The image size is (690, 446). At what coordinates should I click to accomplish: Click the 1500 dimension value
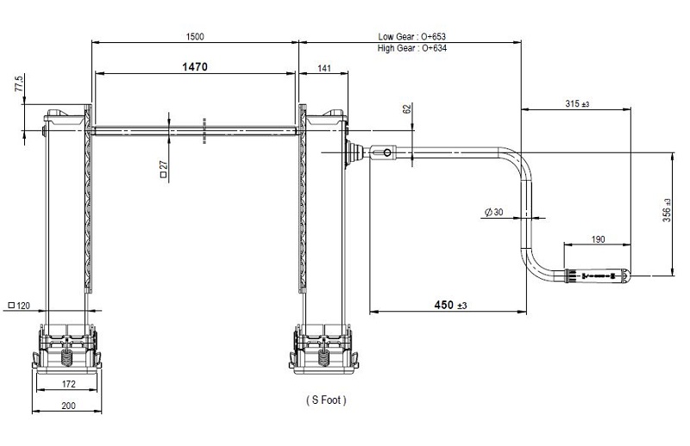tap(195, 36)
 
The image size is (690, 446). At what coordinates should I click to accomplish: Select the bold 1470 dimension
tap(195, 67)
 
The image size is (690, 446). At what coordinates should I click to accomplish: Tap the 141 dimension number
tap(324, 68)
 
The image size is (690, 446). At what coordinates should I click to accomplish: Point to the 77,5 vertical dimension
tap(19, 83)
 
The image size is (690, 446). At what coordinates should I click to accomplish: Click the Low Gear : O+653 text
tap(412, 36)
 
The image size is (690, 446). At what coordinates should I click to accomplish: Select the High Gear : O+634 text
tap(412, 48)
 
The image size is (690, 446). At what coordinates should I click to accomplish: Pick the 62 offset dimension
tap(407, 108)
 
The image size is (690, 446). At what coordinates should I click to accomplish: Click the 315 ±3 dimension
tap(577, 103)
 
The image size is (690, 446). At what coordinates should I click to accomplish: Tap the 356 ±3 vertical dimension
tap(667, 210)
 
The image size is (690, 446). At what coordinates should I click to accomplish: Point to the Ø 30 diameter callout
tap(493, 212)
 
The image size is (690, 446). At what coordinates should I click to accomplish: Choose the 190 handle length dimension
tap(598, 239)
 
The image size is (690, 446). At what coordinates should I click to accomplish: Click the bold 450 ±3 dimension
tap(450, 305)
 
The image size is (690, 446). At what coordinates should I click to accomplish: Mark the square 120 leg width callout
tap(19, 306)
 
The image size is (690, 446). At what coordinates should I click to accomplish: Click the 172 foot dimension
tap(69, 384)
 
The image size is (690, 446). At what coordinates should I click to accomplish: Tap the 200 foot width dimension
tap(68, 406)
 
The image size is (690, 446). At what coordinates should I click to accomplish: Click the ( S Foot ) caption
tap(326, 400)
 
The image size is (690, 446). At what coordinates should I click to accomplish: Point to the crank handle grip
tap(597, 276)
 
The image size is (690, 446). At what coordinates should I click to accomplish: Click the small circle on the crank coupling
tap(386, 153)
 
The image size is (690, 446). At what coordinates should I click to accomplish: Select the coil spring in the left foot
tap(66, 357)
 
